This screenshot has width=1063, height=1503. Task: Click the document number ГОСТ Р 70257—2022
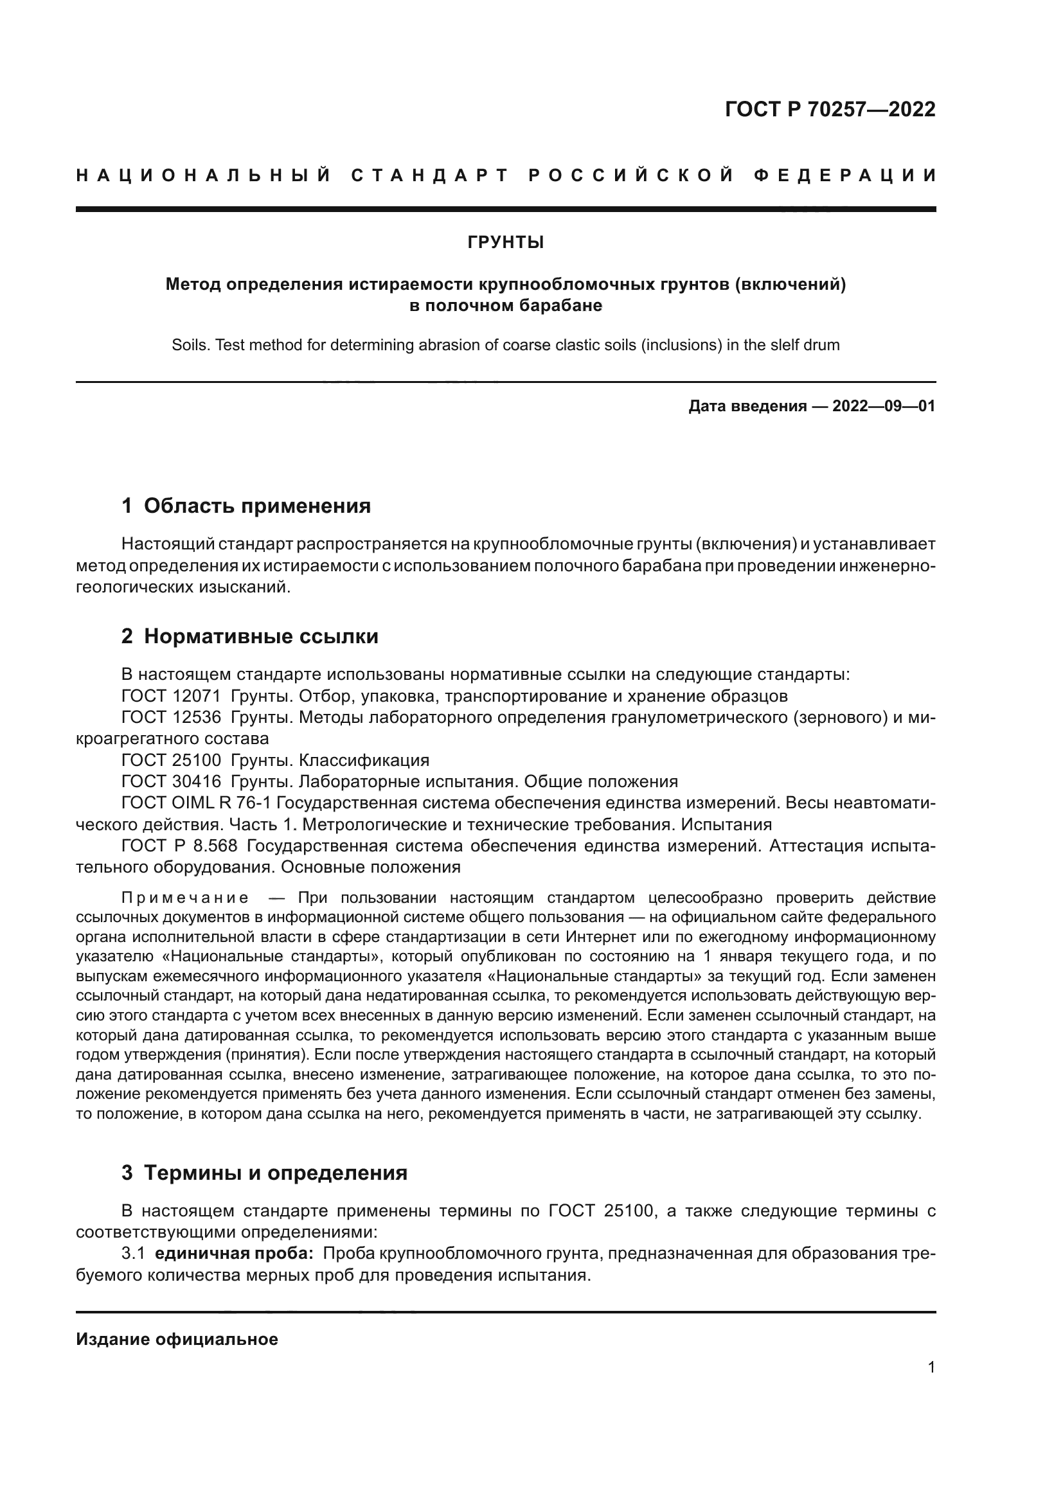[x=830, y=109]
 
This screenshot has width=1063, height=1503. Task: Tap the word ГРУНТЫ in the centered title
[x=505, y=243]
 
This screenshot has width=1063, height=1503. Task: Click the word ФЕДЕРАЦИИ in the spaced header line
[x=845, y=175]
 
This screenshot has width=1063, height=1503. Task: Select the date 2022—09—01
[x=884, y=407]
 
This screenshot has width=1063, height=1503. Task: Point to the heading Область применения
[x=256, y=506]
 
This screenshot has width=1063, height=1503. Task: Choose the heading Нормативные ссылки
[x=260, y=636]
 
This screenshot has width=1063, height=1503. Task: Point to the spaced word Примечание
[x=184, y=898]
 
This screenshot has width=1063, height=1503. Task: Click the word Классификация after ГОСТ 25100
[x=363, y=761]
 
